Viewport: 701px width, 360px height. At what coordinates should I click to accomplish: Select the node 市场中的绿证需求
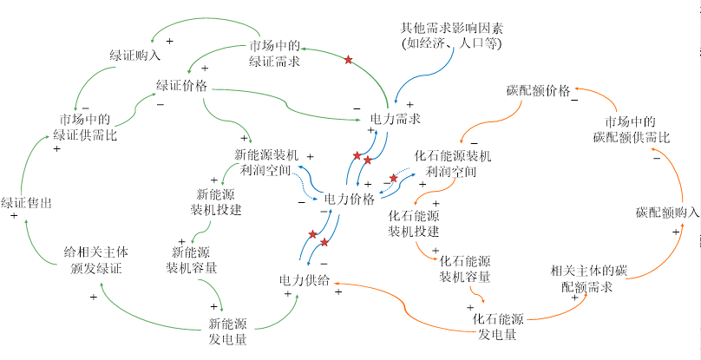coord(275,53)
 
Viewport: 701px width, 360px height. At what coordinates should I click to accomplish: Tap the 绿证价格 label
coord(181,85)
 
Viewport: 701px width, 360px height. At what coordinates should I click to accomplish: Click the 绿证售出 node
coord(26,201)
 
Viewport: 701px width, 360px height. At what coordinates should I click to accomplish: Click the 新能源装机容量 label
coord(193,259)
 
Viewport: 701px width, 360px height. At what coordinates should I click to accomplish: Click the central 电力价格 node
coord(349,199)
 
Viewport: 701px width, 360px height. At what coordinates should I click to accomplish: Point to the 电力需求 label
coord(396,118)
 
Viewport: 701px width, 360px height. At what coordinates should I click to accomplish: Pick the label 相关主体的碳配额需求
coord(587,278)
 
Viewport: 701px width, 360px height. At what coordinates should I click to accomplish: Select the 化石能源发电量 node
coord(499,326)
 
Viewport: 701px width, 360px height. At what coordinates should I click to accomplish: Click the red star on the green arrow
coord(349,60)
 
